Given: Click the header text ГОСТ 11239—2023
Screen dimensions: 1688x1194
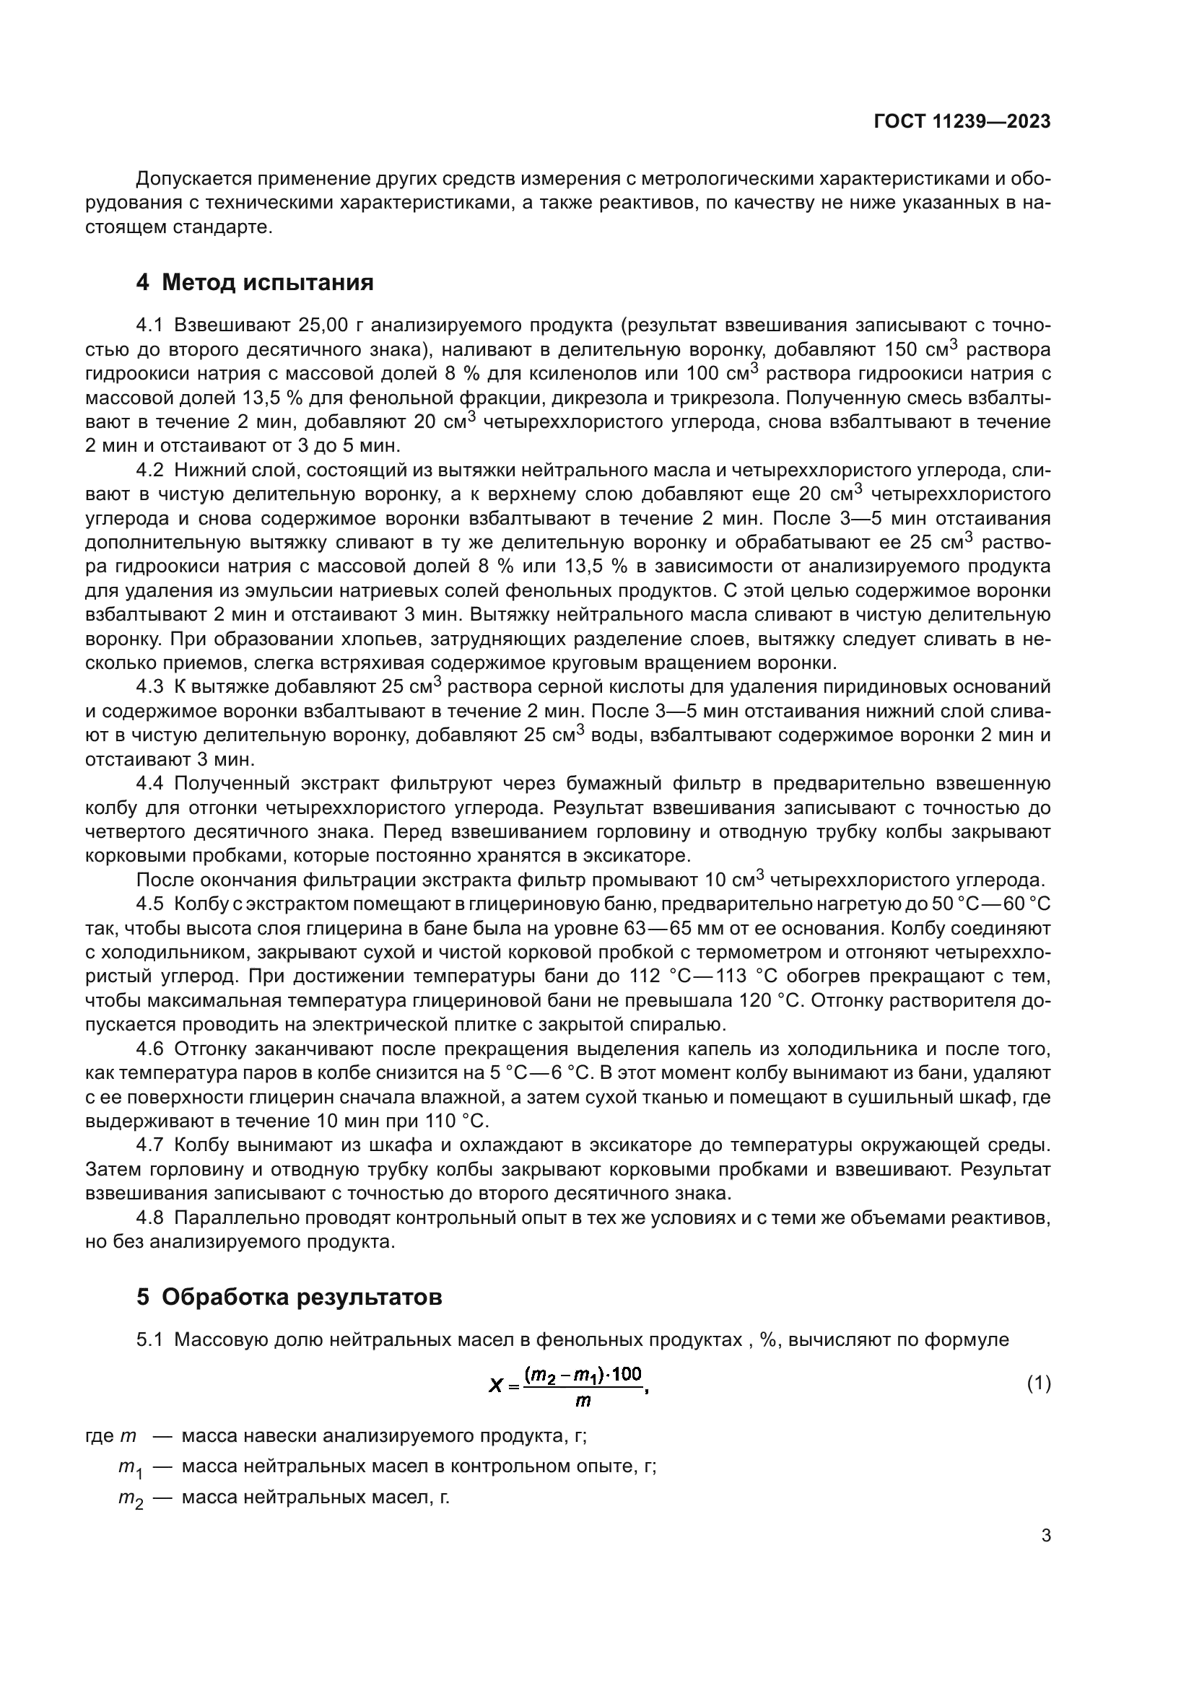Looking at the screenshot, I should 962,122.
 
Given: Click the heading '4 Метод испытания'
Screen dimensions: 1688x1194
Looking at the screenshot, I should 254,282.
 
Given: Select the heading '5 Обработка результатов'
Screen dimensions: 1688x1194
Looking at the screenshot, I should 289,1297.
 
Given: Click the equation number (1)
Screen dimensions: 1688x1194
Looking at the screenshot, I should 1039,1383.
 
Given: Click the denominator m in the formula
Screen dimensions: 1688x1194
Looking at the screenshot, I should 583,1401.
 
